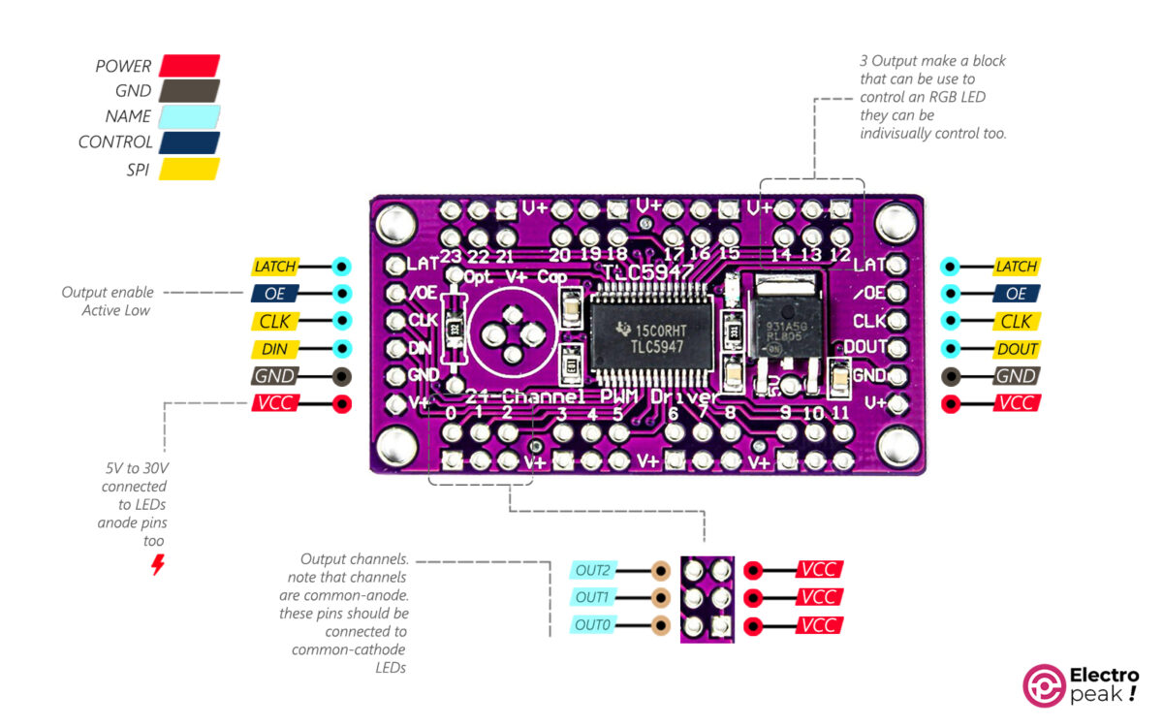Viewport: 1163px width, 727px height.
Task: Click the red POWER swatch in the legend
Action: pos(189,66)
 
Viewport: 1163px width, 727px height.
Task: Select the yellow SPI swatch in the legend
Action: pos(189,169)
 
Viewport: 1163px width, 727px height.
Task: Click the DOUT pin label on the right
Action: pos(1017,349)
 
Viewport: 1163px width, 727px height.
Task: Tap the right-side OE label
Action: pos(1017,294)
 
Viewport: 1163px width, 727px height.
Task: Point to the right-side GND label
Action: pos(1017,376)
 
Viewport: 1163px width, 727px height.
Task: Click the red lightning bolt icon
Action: pos(157,565)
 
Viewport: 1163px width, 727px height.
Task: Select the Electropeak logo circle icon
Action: pos(1044,684)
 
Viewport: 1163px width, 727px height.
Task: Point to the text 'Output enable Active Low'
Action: pos(107,300)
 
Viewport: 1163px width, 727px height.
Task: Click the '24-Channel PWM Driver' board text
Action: pos(591,397)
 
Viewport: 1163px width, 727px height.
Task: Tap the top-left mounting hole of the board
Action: pos(394,225)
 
